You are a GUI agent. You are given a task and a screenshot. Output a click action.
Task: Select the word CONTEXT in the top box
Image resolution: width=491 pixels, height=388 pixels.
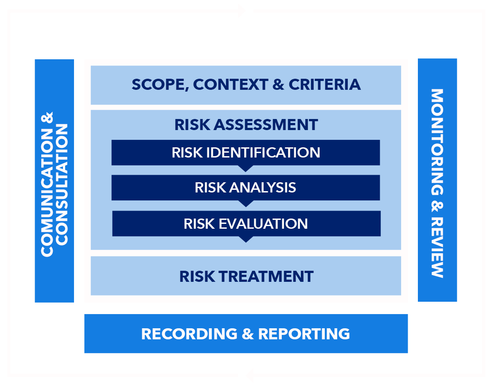[231, 85]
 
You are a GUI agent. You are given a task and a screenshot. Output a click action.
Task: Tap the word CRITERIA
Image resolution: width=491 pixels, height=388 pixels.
[325, 85]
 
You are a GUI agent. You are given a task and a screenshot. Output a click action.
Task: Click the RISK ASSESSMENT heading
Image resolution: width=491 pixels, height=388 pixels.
[246, 125]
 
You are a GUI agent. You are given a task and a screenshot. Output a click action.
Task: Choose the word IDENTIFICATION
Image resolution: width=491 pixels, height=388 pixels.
[263, 153]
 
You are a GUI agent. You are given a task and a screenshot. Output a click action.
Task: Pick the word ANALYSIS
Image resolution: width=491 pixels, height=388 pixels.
[262, 188]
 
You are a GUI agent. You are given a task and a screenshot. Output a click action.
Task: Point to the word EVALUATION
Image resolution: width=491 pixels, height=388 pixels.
[263, 224]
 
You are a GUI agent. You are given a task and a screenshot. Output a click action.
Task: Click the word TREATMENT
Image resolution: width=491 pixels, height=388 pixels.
[266, 277]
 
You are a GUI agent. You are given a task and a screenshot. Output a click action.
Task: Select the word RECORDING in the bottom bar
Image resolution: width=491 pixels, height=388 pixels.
[190, 334]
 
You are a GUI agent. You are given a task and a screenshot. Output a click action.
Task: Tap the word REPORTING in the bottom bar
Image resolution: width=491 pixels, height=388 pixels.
[304, 334]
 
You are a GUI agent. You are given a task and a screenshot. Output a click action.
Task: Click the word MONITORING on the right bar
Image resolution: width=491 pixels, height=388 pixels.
[437, 142]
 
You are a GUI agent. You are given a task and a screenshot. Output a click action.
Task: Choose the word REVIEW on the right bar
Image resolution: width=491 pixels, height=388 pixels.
[437, 247]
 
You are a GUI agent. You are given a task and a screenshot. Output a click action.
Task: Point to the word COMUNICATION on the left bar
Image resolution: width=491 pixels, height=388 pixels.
[47, 193]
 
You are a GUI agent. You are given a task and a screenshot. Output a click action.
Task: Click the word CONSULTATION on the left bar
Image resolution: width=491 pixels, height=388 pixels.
[62, 184]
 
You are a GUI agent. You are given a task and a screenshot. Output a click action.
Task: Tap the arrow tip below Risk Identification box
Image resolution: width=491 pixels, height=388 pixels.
[246, 172]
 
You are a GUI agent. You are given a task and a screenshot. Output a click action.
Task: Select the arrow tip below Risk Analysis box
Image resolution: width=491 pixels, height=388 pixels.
[246, 207]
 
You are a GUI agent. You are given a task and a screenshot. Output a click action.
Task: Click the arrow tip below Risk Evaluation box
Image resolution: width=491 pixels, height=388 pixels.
[246, 242]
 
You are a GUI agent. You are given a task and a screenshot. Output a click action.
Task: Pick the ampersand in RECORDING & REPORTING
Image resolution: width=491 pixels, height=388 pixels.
[248, 334]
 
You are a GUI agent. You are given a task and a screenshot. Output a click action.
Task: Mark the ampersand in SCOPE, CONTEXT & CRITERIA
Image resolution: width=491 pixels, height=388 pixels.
[278, 85]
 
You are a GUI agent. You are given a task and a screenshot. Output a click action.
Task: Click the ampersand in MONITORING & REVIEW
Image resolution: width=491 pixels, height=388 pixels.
[437, 206]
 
